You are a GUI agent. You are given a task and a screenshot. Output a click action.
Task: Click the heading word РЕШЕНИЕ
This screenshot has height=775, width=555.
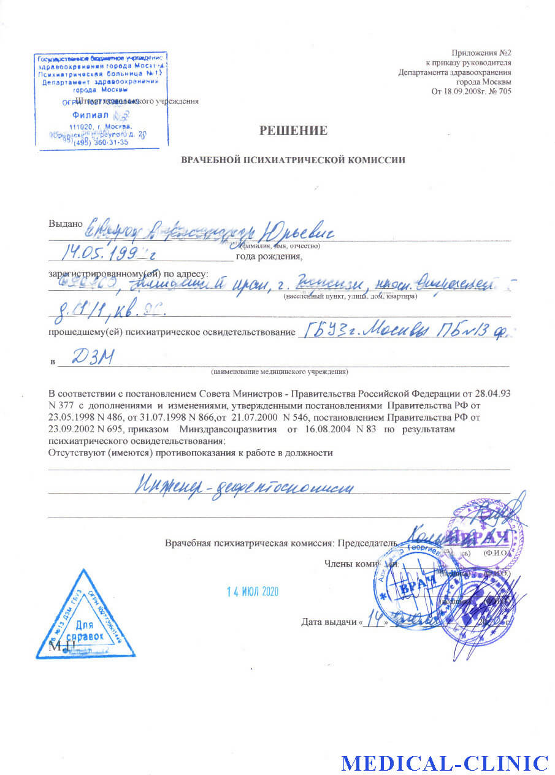tap(293, 130)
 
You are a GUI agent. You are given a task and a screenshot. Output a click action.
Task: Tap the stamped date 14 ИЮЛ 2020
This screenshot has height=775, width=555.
tap(253, 592)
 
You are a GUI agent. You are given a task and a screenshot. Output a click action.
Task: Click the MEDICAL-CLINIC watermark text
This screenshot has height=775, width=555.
tap(445, 763)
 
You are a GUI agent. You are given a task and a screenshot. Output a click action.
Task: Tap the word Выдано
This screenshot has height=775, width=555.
tap(65, 224)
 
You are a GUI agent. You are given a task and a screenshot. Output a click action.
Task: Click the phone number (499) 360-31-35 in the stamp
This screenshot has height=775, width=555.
tap(101, 142)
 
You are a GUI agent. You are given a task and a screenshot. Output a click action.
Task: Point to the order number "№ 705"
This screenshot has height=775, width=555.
tap(497, 92)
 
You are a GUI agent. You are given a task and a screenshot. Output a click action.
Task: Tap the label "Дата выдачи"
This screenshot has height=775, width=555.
tap(329, 622)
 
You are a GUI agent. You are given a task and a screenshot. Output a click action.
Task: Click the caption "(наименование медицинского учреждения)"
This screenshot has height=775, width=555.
tap(279, 372)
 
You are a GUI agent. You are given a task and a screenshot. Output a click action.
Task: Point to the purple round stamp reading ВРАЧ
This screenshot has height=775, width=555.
tap(484, 537)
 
